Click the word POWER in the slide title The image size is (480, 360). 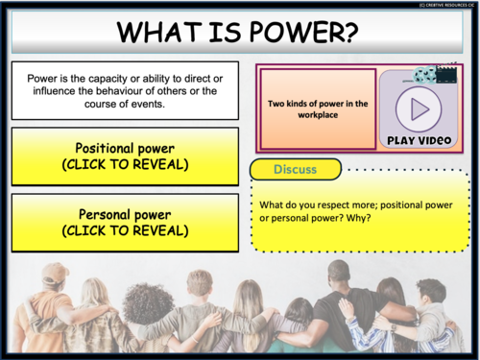306,34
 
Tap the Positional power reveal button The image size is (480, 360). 125,156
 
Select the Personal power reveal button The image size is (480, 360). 125,223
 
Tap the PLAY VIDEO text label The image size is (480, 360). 420,141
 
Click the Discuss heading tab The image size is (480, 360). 295,169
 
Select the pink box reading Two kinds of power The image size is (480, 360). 317,108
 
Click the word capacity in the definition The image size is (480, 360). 105,79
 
